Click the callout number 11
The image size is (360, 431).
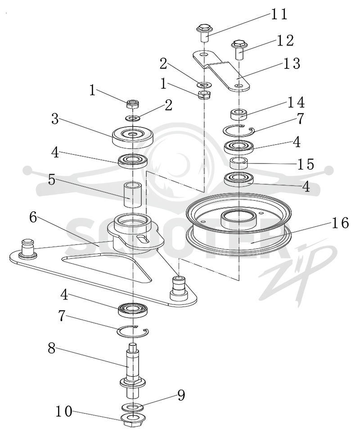tap(279, 14)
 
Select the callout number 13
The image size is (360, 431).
tap(291, 64)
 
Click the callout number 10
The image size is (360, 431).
tap(64, 412)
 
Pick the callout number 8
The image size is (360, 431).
tap(52, 348)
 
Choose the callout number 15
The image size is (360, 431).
tap(306, 164)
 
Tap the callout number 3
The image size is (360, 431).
tap(55, 119)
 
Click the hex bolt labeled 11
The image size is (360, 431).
tap(204, 33)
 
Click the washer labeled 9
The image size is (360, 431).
tap(133, 407)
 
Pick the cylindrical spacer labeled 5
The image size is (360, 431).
tap(132, 195)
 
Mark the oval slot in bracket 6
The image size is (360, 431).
tap(143, 239)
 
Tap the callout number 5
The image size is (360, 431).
tap(52, 180)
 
